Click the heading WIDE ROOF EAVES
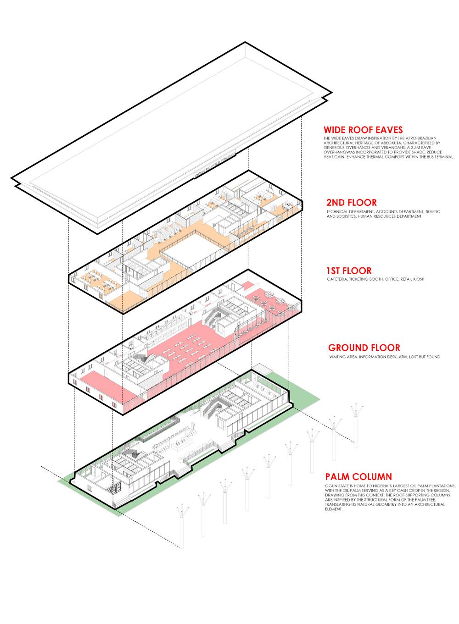[x=363, y=130]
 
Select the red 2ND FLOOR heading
[x=352, y=202]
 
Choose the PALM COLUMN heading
[x=359, y=477]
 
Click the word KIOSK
[x=415, y=279]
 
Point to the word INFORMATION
[x=363, y=356]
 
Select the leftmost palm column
[x=182, y=527]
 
